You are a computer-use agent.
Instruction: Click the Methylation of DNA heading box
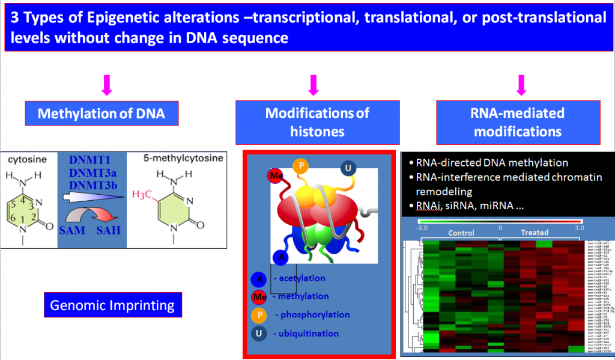coord(101,114)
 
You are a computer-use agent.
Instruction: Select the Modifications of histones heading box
coord(317,122)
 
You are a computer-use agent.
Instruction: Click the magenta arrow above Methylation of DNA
coord(108,87)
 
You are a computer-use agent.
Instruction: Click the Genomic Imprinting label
coord(112,305)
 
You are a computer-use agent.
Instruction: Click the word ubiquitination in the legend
coord(306,334)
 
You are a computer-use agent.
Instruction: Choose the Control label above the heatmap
coord(461,233)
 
